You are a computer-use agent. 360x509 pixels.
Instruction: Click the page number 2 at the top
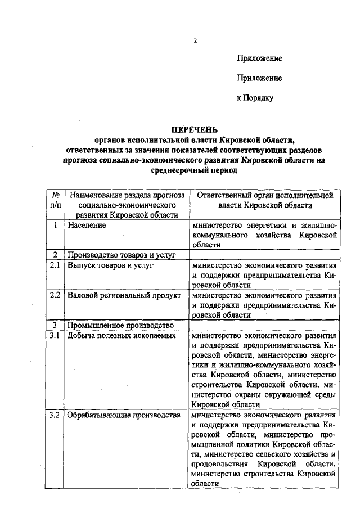click(x=195, y=40)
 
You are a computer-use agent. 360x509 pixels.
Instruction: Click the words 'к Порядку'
click(x=255, y=98)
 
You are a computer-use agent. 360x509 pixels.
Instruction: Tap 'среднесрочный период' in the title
click(x=195, y=170)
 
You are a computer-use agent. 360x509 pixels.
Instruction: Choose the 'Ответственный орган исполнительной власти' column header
click(x=263, y=200)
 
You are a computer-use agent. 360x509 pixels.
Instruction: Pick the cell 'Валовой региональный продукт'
click(x=124, y=295)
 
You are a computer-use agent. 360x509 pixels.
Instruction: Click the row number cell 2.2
click(x=55, y=295)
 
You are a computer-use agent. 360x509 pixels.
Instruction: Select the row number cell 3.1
click(x=55, y=336)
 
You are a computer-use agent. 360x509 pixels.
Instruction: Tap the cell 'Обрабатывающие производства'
click(x=123, y=416)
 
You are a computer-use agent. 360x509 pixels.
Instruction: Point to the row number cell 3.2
click(x=55, y=416)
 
